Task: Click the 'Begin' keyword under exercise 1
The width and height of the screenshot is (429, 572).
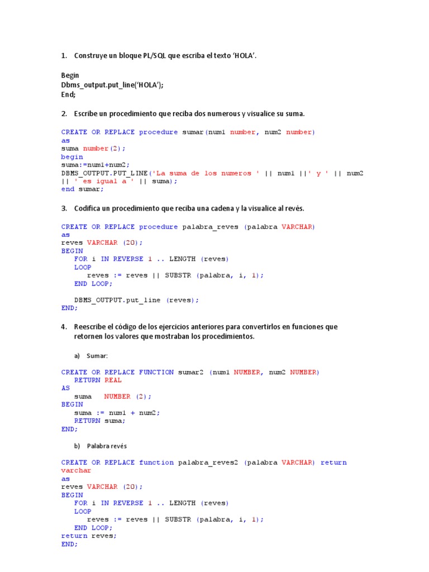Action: tap(70, 75)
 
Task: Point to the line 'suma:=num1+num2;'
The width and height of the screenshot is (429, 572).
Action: tap(95, 165)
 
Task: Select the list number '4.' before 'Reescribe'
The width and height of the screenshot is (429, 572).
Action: tap(64, 327)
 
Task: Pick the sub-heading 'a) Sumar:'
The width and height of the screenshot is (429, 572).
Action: tap(90, 355)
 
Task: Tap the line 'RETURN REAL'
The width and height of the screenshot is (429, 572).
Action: tap(98, 380)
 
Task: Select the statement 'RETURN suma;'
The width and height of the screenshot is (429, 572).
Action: tap(100, 421)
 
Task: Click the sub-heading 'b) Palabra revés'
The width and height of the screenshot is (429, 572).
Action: tap(106, 445)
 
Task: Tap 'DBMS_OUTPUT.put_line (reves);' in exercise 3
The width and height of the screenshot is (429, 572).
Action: tap(136, 300)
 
